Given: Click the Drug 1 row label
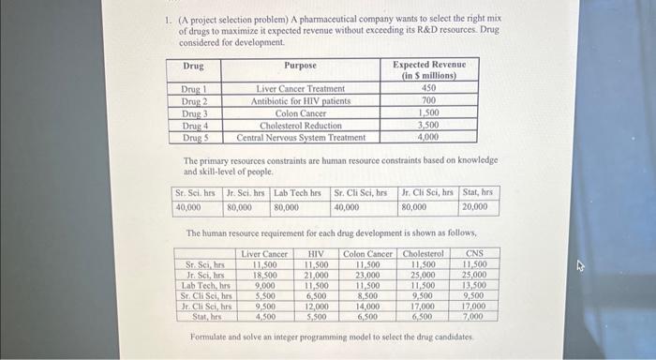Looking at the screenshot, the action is tap(194, 88).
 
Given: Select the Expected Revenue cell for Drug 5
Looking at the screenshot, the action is tap(428, 137).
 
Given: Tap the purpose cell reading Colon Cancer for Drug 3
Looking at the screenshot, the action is tap(300, 112).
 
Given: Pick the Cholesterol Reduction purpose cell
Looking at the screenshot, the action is tap(300, 125).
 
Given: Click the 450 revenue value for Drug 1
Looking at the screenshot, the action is tap(428, 88).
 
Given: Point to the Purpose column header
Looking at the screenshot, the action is tap(300, 66).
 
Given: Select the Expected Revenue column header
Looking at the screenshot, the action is tap(428, 69).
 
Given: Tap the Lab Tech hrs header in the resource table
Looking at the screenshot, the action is tap(299, 193).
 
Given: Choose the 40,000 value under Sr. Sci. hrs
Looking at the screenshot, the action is tap(188, 206).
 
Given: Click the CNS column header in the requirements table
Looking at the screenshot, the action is tap(474, 253).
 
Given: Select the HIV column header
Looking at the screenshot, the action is tap(316, 253).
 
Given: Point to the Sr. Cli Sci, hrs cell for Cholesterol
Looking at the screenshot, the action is tap(424, 295).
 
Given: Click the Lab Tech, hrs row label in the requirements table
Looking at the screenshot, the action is tap(209, 284).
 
